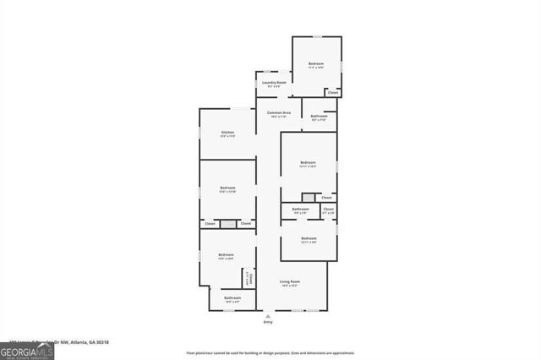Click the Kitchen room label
pyautogui.click(x=227, y=133)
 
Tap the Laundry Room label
pyautogui.click(x=275, y=83)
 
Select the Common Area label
pyautogui.click(x=279, y=113)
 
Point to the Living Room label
pyautogui.click(x=290, y=281)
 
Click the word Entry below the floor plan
pyautogui.click(x=268, y=322)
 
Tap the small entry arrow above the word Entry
pyautogui.click(x=268, y=315)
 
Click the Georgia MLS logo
pyautogui.click(x=27, y=351)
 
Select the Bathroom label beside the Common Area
pyautogui.click(x=319, y=116)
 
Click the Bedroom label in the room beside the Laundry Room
pyautogui.click(x=316, y=64)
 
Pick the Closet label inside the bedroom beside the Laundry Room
pyautogui.click(x=332, y=91)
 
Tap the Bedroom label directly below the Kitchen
pyautogui.click(x=227, y=188)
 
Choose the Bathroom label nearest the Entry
pyautogui.click(x=232, y=297)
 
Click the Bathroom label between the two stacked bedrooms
pyautogui.click(x=300, y=209)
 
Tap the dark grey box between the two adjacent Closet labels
pyautogui.click(x=227, y=223)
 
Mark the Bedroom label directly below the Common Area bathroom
pyautogui.click(x=308, y=162)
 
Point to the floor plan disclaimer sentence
pyautogui.click(x=270, y=352)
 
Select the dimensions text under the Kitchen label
pyautogui.click(x=227, y=137)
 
